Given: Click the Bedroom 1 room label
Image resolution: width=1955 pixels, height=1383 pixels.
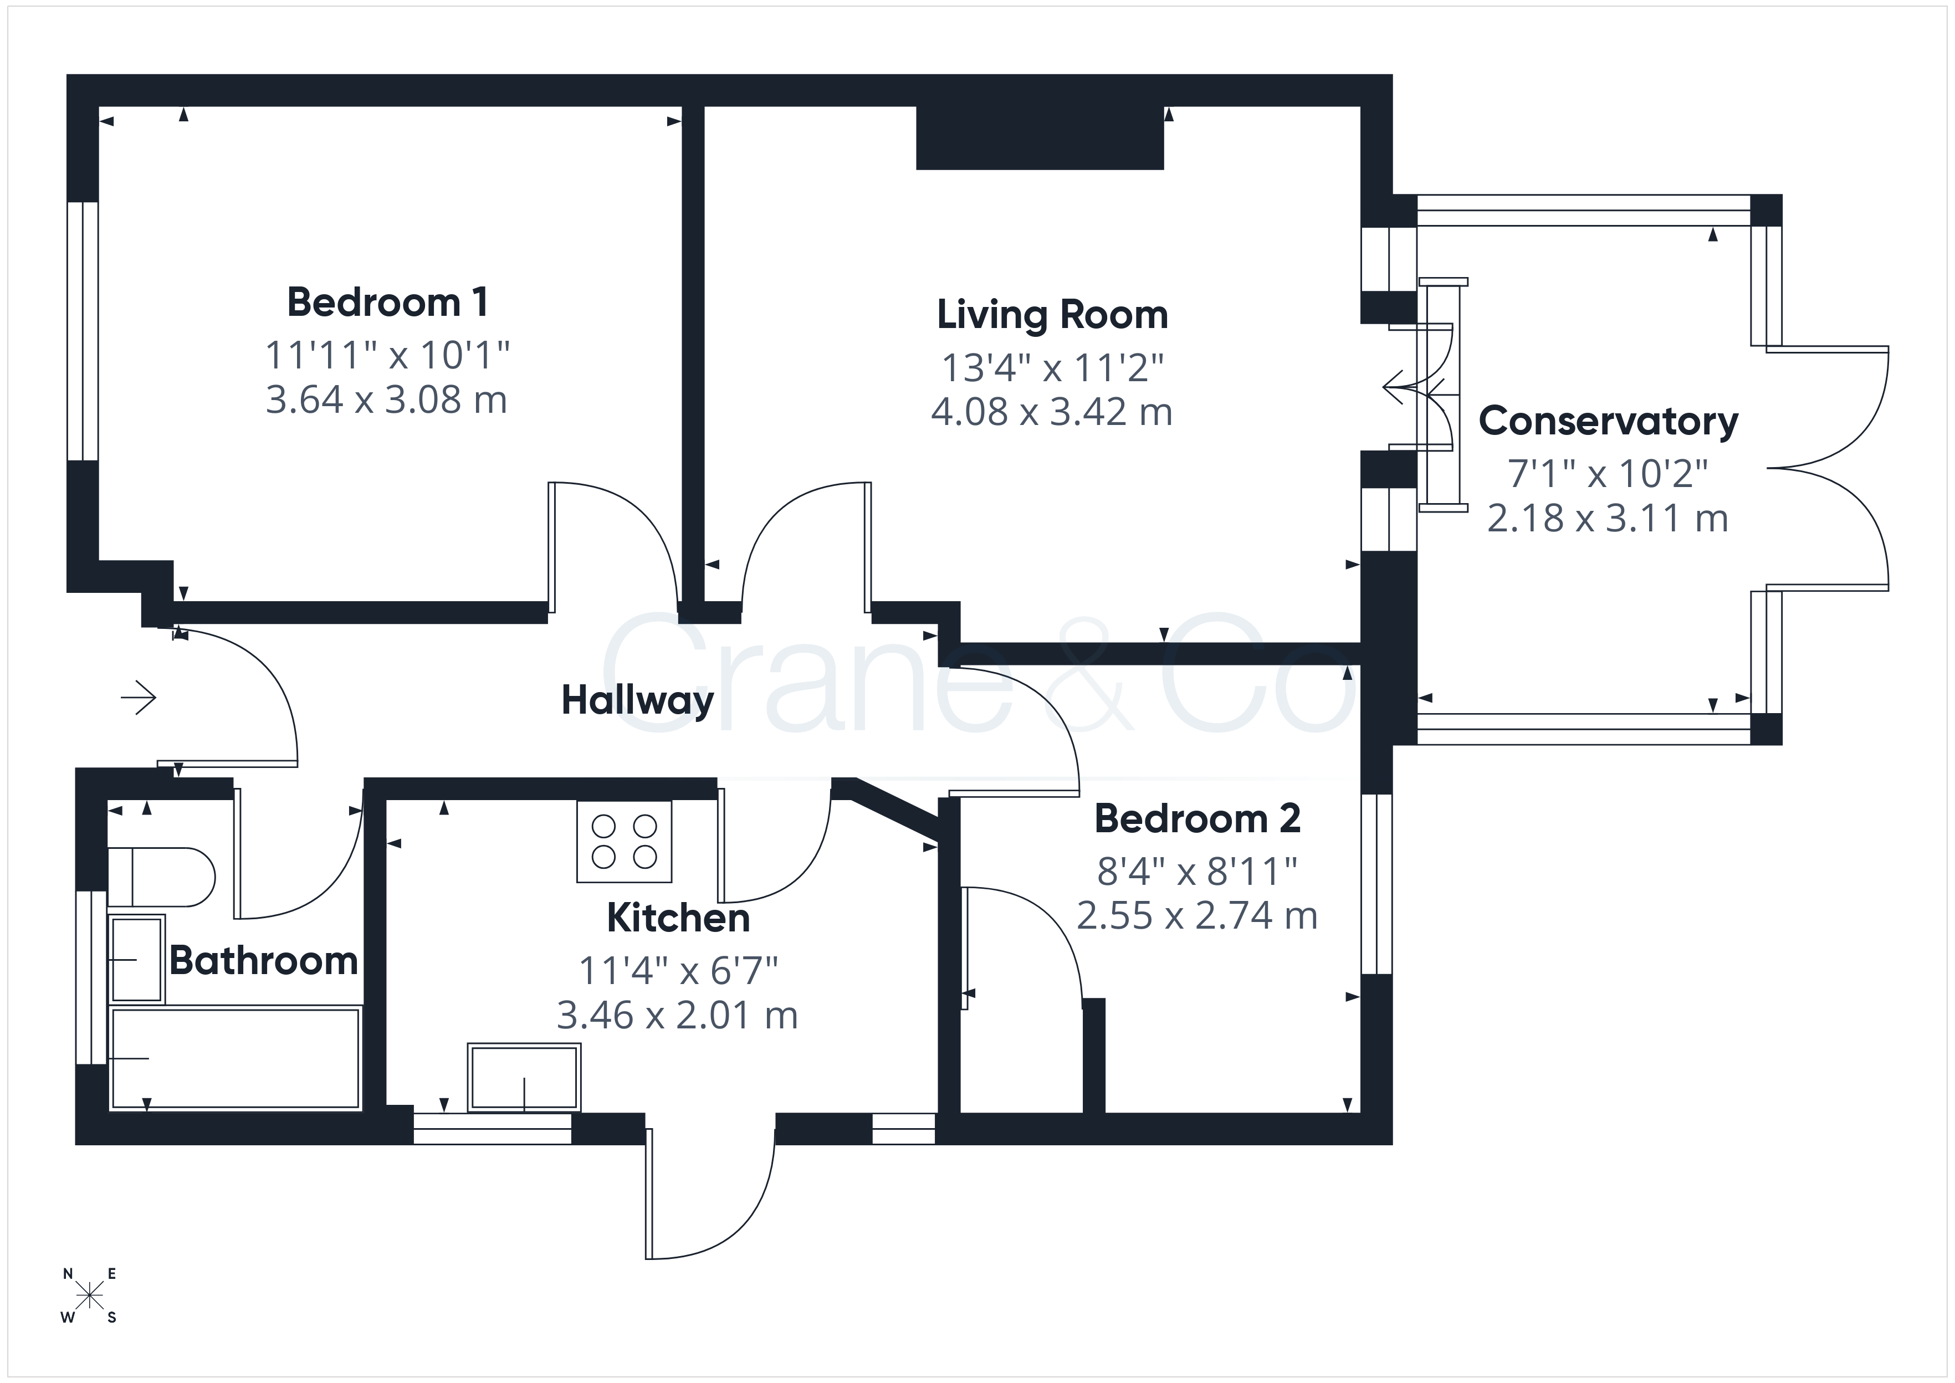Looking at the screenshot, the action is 387,303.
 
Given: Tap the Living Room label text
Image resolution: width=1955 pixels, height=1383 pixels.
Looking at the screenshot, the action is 1052,316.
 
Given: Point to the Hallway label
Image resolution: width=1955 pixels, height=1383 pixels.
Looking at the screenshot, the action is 638,701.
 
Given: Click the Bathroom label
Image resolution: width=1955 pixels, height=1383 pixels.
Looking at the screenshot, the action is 264,961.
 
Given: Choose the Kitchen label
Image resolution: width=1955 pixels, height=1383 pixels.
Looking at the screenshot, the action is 679,918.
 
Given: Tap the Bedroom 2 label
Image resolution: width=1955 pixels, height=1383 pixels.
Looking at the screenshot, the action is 1197,818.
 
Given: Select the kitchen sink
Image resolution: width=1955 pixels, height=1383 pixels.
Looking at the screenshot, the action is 525,1077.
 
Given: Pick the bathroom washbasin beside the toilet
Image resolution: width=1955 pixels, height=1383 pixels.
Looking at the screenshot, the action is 137,960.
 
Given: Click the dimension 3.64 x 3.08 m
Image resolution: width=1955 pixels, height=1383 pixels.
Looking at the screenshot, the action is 387,400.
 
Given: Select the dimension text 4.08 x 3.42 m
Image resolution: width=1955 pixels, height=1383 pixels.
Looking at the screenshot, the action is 1052,412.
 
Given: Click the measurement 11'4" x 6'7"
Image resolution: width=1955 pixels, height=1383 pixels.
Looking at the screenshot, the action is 679,971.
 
